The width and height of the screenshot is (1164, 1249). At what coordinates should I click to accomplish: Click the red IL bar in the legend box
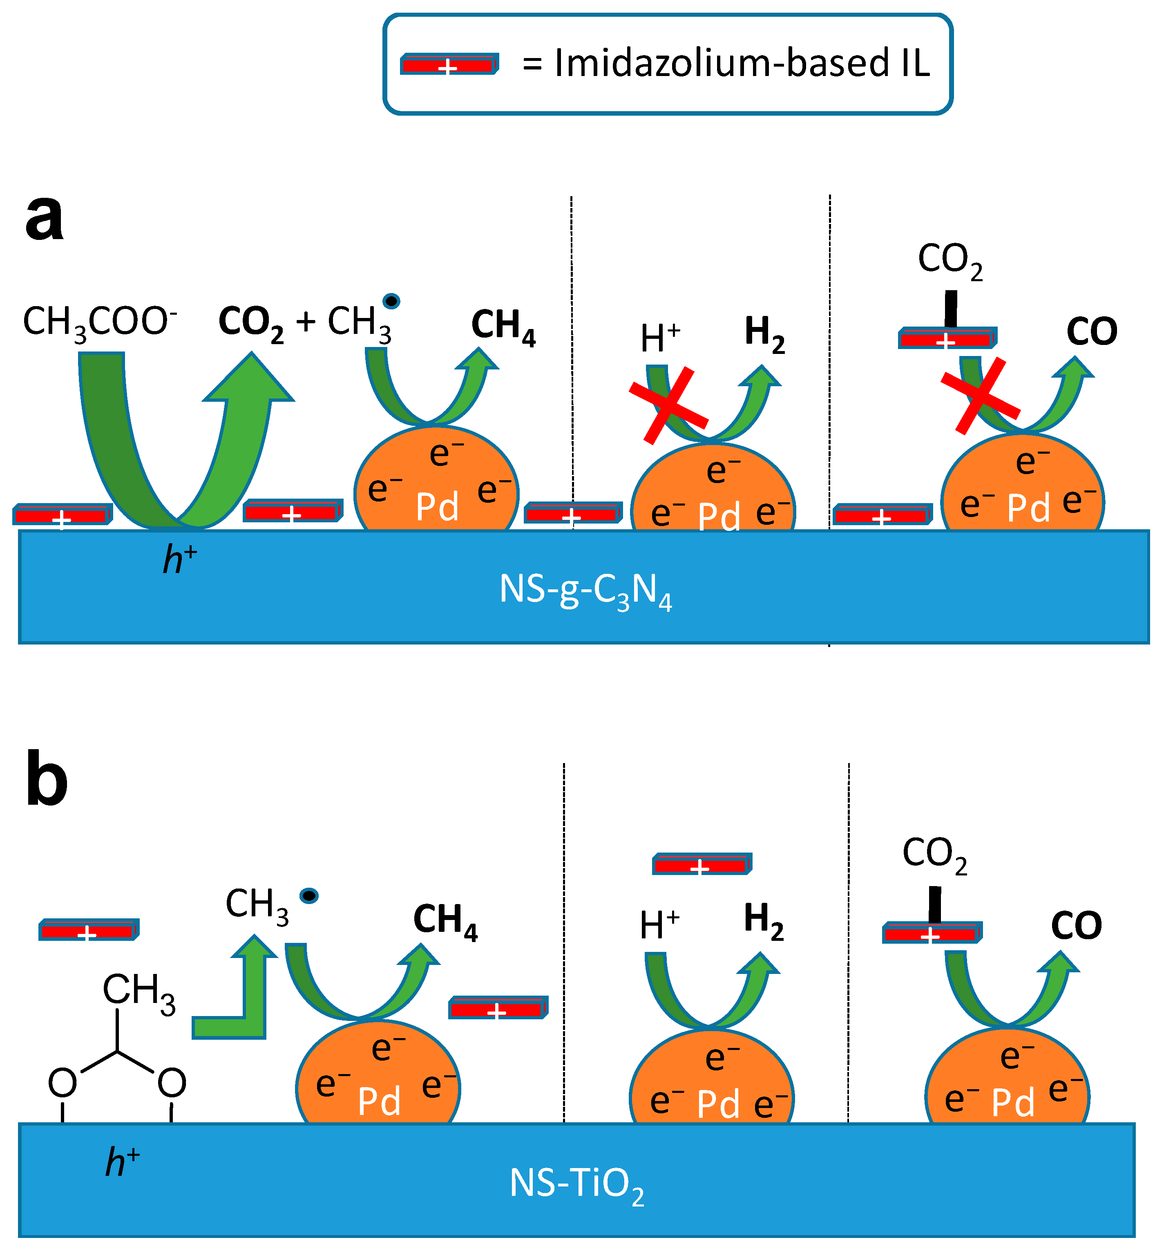coord(449,64)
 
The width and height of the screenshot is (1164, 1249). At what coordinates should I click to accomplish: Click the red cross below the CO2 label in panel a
coord(980,396)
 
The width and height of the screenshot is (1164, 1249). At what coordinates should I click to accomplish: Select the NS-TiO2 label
coord(576,1184)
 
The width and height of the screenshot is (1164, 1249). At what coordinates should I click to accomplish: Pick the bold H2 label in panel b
coord(763,920)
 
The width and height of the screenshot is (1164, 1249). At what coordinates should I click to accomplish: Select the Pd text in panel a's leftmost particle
coord(437,507)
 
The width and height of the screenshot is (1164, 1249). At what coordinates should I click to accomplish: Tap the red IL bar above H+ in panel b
coord(702,864)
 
